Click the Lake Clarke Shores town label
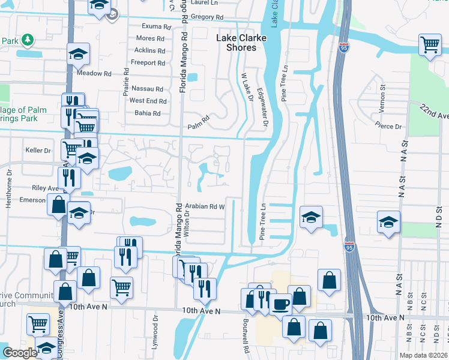tap(236, 43)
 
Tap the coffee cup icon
tap(280, 304)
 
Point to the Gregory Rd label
tap(203, 17)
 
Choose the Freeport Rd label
tap(148, 62)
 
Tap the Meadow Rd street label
tap(94, 73)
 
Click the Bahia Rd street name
tap(148, 113)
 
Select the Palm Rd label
tap(197, 126)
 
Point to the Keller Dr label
tap(38, 150)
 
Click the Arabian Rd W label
tap(204, 206)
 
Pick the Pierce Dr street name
tap(388, 127)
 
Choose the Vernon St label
tap(382, 96)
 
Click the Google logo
tap(20, 353)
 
